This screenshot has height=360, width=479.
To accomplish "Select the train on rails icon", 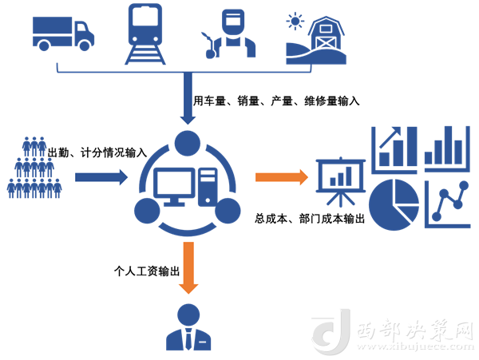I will pos(145,34).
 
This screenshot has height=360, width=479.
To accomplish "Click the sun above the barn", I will pos(297,19).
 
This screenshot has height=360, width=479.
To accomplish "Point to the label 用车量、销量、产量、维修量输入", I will pos(277,101).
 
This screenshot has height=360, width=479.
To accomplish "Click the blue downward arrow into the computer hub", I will pos(188,96).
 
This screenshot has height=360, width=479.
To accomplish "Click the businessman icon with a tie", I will pos(188,327).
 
